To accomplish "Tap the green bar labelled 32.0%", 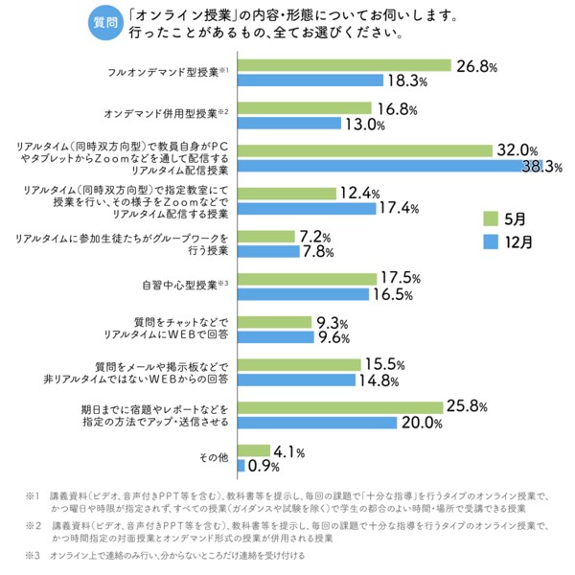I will (364, 149).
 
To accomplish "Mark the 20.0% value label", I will (421, 423).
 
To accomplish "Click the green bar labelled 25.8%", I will (340, 407).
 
